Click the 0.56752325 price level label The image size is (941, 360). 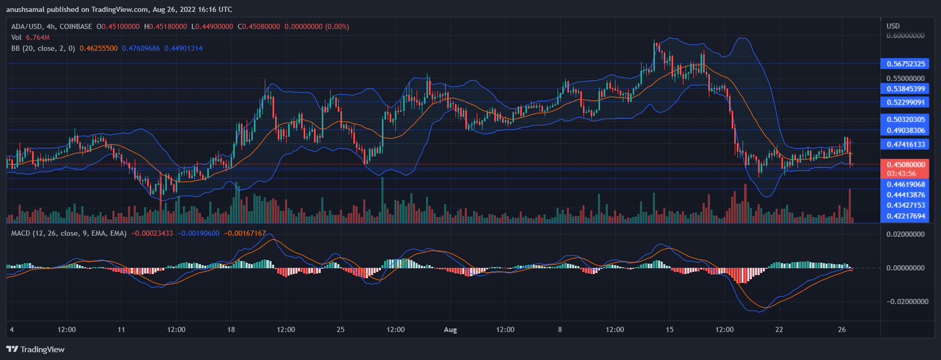pos(906,64)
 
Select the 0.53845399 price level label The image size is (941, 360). pos(906,89)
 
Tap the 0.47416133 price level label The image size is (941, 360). pos(906,145)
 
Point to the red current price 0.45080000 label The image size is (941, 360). pos(906,165)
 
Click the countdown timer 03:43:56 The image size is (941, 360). pos(901,174)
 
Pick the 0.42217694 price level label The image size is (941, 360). pos(906,216)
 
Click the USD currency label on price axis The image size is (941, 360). pos(893,26)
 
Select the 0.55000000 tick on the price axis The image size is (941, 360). pos(905,78)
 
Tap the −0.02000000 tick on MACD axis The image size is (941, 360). pos(905,301)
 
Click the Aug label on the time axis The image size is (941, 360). pos(450,330)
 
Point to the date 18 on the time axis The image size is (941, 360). pos(231,329)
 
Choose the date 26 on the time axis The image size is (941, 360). pos(842,329)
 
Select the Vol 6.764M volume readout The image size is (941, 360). pos(31,37)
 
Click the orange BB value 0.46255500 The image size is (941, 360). pos(98,48)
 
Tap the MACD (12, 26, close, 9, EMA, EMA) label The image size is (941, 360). pos(69,234)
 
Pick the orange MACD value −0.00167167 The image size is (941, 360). pos(245,234)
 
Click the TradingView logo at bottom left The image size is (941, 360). pos(35,350)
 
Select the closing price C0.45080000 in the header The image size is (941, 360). pos(259,26)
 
